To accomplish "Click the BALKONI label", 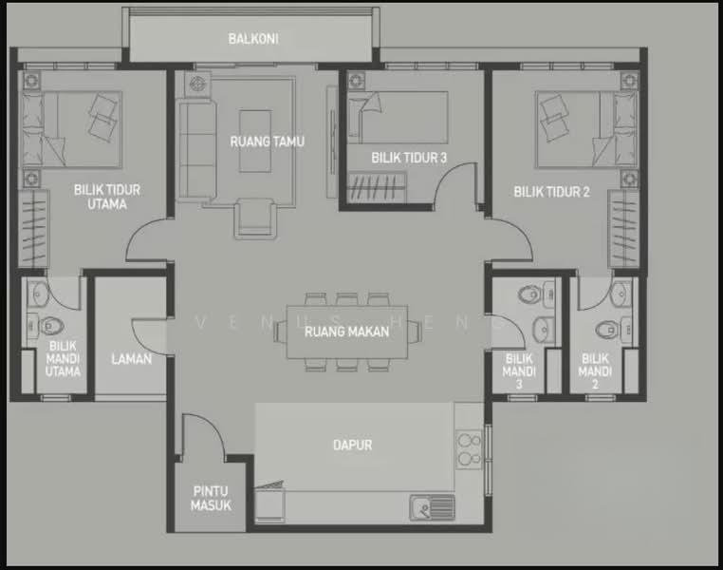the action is click(253, 39).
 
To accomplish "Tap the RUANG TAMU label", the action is click(268, 142).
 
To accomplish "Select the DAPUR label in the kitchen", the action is click(352, 445).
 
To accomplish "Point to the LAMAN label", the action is click(132, 358).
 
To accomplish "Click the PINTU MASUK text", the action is click(211, 499).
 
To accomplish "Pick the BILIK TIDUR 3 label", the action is click(409, 158).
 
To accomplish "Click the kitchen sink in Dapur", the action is click(432, 507).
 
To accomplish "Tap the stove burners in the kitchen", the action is click(469, 449).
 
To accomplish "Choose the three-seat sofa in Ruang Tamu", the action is click(197, 150).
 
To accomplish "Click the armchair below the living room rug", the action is click(255, 218).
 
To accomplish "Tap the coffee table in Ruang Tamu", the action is click(255, 142).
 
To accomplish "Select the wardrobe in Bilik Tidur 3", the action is click(377, 187).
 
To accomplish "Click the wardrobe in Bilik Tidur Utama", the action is click(33, 228).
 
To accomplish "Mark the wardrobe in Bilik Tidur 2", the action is click(623, 228).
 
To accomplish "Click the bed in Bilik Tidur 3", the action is click(398, 117).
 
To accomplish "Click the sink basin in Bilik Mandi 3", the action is click(544, 329).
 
